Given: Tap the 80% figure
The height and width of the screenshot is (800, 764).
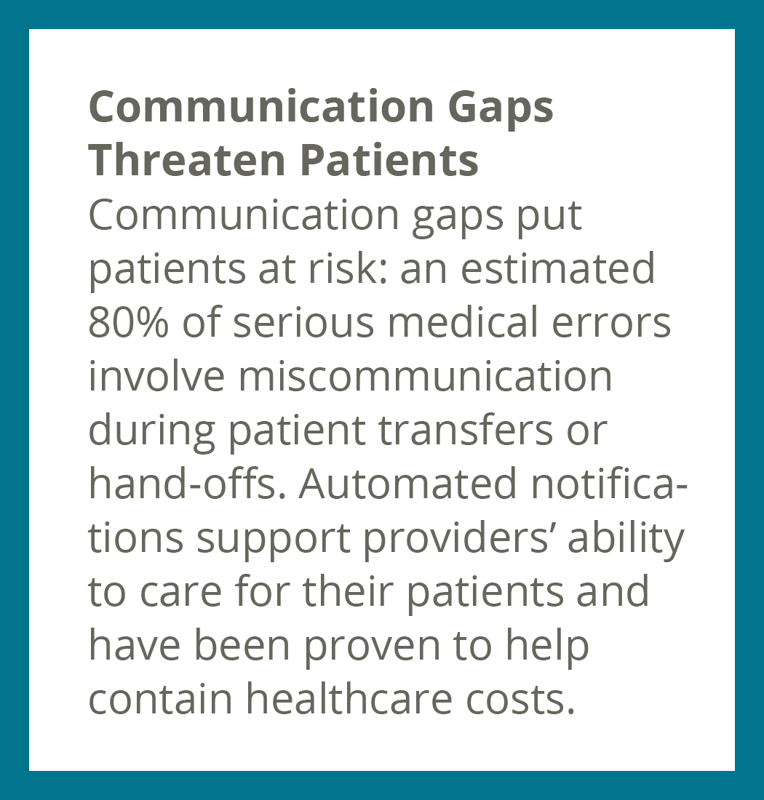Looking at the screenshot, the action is (x=128, y=322).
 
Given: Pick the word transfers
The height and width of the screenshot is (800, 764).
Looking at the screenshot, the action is (x=466, y=429).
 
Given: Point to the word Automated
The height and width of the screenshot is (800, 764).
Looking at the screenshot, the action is (x=407, y=483).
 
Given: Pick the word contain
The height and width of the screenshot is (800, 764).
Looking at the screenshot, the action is (x=161, y=697).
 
